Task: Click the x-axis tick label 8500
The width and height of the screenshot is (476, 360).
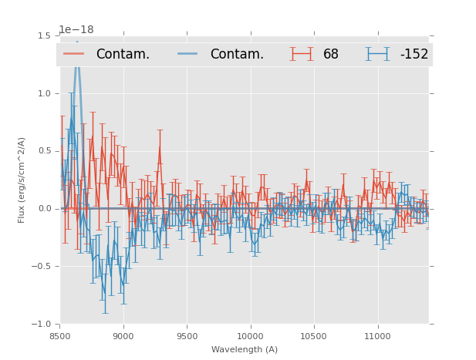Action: point(60,336)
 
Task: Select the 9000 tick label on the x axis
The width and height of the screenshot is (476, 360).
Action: point(123,336)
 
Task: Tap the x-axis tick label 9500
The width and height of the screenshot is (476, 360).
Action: point(187,336)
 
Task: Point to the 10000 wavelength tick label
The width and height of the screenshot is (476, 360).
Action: point(250,336)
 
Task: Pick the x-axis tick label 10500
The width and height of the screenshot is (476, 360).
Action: point(314,336)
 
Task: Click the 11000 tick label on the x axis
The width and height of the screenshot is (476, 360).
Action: point(377,336)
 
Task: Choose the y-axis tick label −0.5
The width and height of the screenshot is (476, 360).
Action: point(42,267)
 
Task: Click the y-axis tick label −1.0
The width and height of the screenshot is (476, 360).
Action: point(42,325)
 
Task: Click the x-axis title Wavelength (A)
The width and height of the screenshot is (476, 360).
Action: point(245,349)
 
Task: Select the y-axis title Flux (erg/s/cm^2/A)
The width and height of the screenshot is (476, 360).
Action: point(22,180)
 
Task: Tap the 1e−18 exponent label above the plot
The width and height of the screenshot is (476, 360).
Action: point(76,30)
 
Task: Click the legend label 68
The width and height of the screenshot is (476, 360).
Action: point(331,55)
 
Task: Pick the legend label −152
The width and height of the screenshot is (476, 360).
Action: point(414,55)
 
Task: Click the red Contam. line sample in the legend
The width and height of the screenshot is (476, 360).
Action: point(75,54)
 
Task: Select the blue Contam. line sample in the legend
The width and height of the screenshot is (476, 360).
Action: point(189,54)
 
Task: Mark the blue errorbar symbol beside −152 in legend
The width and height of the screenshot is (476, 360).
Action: point(378,54)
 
